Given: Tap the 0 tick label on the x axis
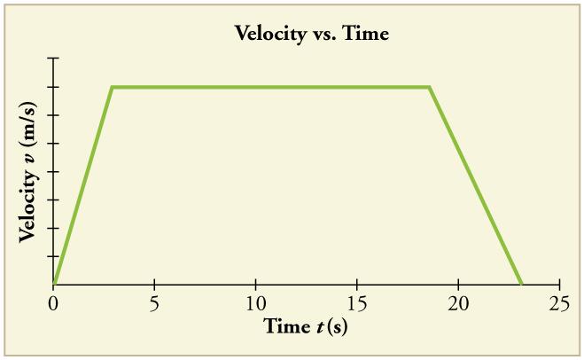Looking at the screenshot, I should click(x=54, y=303).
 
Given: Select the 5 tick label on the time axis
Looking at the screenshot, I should click(x=155, y=303).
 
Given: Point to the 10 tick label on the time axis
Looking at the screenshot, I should click(x=256, y=303).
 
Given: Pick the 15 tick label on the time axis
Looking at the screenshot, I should click(x=357, y=303).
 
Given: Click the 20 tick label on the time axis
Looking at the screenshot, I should click(x=458, y=303).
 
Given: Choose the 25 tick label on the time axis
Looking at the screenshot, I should click(x=559, y=303).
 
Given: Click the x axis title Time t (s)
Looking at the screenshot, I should click(x=306, y=326).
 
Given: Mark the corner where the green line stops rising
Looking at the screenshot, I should click(x=112, y=87).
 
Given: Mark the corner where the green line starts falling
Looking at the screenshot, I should click(x=430, y=87).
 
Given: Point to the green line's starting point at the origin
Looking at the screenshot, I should click(x=54, y=285).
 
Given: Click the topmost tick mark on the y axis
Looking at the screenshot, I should click(x=54, y=59).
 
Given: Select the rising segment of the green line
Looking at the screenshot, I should click(x=83, y=184).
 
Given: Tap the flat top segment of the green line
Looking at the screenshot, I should click(x=270, y=87).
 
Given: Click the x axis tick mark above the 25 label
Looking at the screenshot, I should click(x=559, y=280).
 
